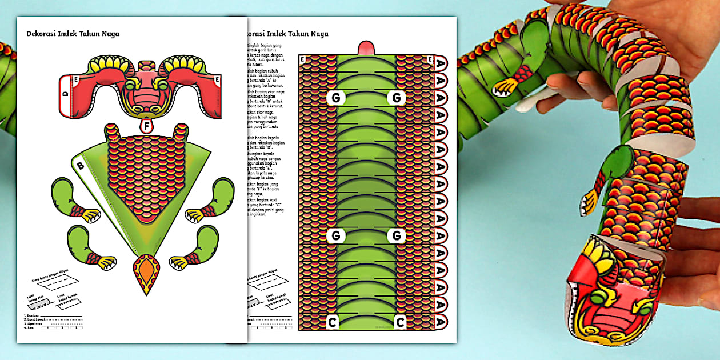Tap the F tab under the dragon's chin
coord(147,125)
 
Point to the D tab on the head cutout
coord(66,93)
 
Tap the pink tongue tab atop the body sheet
coord(366,48)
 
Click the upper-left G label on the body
coord(335,98)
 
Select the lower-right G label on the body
coord(396,235)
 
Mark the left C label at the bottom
coord(332,322)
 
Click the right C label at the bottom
coord(400,322)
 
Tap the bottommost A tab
coord(440,322)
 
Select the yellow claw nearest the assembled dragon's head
coord(589,203)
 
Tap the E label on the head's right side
coord(217,79)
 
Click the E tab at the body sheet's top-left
coord(302,58)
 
